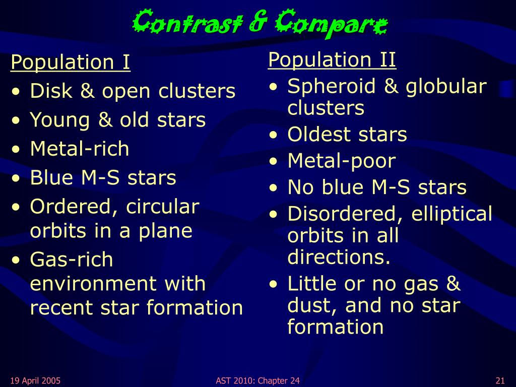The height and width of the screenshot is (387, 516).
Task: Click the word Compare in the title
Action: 332,23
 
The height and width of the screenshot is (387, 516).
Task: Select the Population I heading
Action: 71,62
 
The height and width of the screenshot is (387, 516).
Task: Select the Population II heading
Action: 332,59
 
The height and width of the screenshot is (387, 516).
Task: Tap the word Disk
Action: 51,91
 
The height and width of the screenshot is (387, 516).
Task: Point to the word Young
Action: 60,120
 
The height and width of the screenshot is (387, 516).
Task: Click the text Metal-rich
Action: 79,149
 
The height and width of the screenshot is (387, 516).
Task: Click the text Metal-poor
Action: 342,162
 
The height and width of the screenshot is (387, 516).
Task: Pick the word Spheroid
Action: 332,87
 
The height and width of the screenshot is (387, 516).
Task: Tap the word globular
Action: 446,87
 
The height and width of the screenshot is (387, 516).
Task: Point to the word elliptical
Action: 452,214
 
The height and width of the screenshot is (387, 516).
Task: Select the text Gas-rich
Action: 72,260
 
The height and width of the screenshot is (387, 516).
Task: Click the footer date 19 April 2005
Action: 35,381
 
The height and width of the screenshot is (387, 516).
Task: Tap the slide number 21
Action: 500,381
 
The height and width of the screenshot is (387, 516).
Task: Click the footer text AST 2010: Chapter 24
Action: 257,381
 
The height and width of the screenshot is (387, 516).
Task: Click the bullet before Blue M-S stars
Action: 16,178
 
